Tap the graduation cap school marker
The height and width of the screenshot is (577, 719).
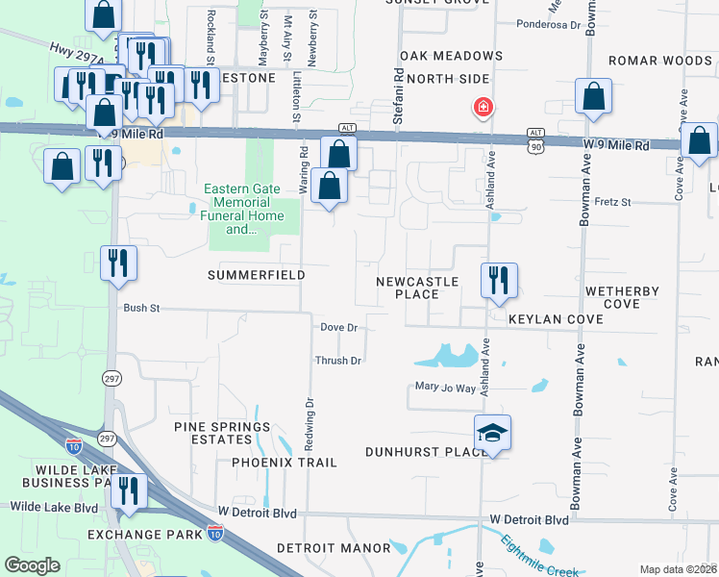click(x=492, y=434)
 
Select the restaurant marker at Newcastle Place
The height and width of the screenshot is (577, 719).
click(x=499, y=281)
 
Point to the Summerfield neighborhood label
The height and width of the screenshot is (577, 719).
click(x=258, y=275)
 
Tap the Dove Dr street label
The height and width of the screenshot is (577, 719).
click(x=338, y=327)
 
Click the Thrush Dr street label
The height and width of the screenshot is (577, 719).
click(x=338, y=361)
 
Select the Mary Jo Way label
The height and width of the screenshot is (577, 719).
click(x=445, y=388)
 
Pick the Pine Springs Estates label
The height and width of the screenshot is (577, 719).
click(x=222, y=433)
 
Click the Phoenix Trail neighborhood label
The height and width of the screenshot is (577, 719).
click(x=285, y=463)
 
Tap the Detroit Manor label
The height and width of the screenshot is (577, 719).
click(x=334, y=547)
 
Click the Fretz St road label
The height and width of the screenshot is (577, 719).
click(x=612, y=202)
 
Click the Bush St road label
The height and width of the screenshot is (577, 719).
click(x=140, y=309)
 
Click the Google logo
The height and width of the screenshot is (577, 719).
click(x=33, y=565)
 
